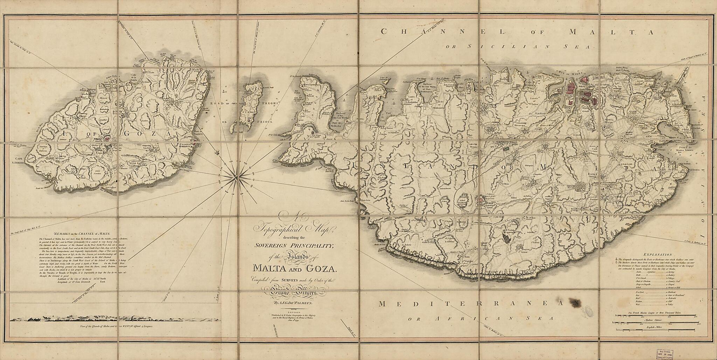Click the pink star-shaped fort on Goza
click(x=107, y=139)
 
